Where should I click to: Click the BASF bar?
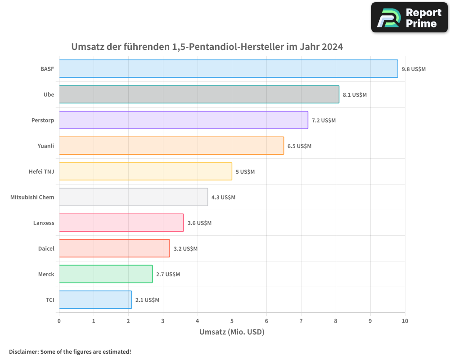tap(228, 69)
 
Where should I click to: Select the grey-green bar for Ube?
tap(199, 94)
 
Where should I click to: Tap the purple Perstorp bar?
tap(183, 120)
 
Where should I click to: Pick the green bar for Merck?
tap(105, 274)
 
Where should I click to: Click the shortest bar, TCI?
tap(95, 300)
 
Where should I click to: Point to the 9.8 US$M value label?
tap(414, 69)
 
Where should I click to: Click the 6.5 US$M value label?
tap(299, 146)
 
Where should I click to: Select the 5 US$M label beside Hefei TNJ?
tap(245, 172)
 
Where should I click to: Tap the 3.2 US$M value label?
tap(185, 249)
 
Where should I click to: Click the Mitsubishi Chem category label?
tap(32, 198)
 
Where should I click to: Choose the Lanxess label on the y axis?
tap(44, 223)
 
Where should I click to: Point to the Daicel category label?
tap(46, 249)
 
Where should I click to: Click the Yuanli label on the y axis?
tap(46, 146)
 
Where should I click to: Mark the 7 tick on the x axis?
tap(301, 321)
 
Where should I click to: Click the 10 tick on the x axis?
tap(405, 321)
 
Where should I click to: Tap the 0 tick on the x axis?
tap(59, 321)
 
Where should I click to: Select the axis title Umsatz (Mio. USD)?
tap(232, 332)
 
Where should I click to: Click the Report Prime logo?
tap(409, 18)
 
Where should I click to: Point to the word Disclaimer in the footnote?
tap(23, 352)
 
